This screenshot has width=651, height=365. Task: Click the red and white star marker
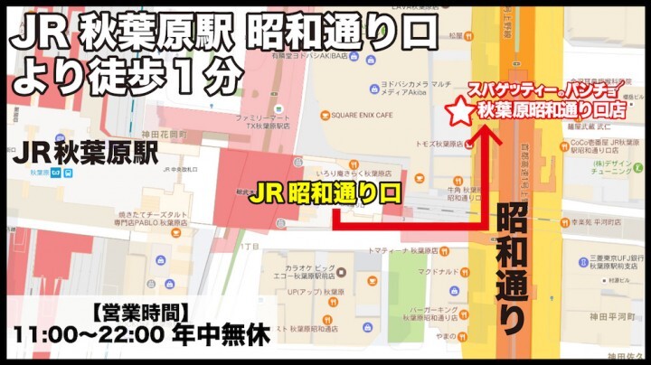[x=461, y=112]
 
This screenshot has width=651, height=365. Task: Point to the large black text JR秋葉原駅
[x=87, y=153]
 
